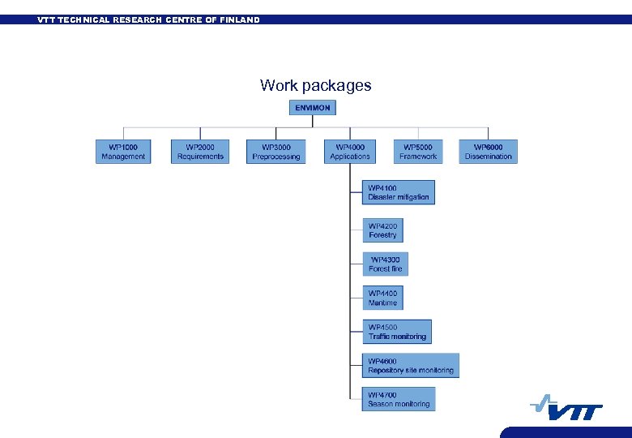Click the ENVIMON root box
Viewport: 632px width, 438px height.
313,108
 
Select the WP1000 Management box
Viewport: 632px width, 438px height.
123,152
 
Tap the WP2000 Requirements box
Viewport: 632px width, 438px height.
200,152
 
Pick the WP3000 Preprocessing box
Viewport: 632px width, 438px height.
276,152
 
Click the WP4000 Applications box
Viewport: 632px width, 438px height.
350,152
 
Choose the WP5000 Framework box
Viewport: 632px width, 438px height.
418,152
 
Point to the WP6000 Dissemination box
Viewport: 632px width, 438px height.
489,152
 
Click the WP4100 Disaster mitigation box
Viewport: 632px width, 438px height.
399,192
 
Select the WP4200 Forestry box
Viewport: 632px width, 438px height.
382,230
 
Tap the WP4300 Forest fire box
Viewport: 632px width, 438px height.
385,264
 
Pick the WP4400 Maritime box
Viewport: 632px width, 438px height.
382,298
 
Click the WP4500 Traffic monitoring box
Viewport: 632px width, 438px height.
397,332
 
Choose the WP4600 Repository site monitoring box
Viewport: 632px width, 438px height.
411,366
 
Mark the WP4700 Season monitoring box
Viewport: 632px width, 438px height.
399,399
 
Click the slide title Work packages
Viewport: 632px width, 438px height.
315,85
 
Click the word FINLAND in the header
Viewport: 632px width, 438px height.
240,19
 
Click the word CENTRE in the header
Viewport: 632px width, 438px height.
186,19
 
